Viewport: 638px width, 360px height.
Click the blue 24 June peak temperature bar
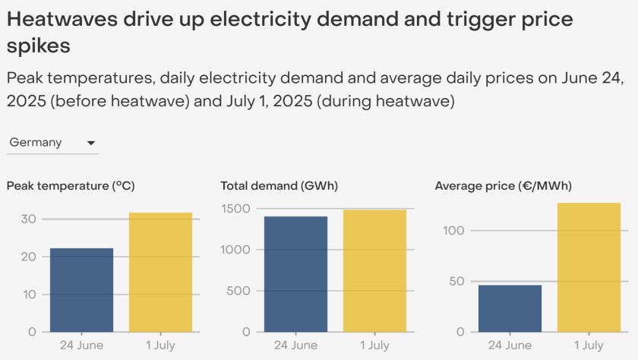[81, 289]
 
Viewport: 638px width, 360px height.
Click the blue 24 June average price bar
[510, 308]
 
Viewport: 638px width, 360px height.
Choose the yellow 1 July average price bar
[589, 267]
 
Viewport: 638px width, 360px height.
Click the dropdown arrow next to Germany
[91, 143]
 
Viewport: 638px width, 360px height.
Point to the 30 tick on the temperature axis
[29, 219]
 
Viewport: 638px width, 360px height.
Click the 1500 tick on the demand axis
[236, 208]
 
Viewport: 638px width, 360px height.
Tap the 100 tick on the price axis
[455, 230]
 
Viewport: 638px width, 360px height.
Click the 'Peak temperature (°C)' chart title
[71, 185]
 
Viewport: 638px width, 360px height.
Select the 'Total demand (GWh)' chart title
[279, 185]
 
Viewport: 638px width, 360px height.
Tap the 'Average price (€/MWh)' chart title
[503, 185]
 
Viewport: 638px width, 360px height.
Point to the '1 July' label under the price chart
[589, 346]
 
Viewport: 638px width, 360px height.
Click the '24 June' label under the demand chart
[295, 346]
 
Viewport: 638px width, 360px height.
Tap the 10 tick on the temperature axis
[29, 294]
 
